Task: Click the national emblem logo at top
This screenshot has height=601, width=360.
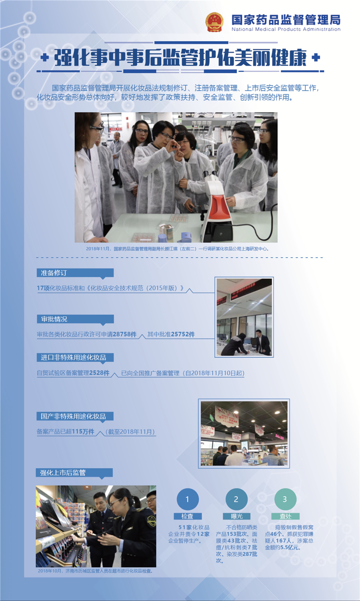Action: pos(214,22)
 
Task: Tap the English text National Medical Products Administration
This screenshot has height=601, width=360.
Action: pos(286,29)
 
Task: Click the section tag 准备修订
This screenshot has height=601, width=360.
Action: pos(75,273)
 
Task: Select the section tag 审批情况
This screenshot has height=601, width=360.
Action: pos(75,319)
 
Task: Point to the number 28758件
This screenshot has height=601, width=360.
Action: pos(124,334)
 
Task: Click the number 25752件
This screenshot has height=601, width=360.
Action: pos(183,334)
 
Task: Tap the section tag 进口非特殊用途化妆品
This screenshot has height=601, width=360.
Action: pos(75,357)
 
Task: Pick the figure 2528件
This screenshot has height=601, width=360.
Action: pos(99,373)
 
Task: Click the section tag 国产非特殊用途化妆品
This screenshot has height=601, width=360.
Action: pos(75,416)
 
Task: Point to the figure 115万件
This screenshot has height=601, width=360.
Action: pos(83,431)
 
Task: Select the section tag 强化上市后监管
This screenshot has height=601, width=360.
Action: pos(74,473)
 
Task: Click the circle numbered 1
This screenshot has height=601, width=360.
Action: pos(188,499)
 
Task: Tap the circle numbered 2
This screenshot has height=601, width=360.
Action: pos(236,499)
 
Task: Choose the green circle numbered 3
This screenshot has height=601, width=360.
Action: pos(285,499)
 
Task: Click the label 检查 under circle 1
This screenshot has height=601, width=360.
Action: pos(188,516)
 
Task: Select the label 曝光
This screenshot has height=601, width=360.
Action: pos(237,516)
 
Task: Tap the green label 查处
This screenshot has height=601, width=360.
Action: pos(286,516)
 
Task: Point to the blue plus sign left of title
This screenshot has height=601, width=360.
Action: pos(44,57)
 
